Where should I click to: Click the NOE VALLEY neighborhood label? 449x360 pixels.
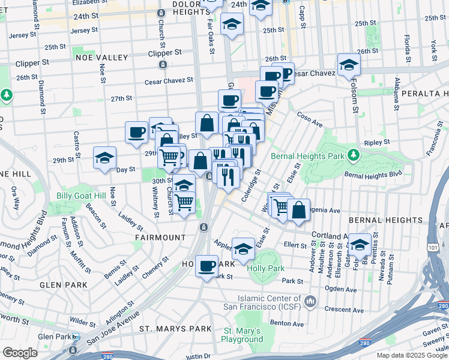102,57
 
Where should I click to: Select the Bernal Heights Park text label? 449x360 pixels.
307,156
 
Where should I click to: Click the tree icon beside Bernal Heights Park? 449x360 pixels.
354,155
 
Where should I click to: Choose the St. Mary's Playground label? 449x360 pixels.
243,335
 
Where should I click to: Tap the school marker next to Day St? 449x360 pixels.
104,158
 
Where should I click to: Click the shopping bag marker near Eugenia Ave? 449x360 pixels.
298,210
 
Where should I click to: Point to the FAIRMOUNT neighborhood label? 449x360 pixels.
160,238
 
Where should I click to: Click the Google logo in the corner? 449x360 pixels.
20,352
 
